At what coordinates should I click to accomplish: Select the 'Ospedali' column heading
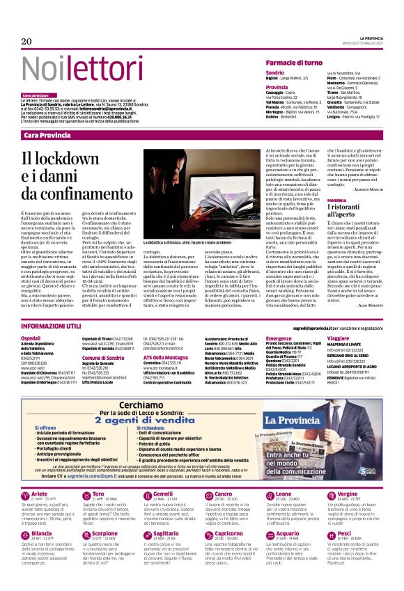pyautogui.click(x=32, y=338)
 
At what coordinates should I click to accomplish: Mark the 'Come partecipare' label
pyautogui.click(x=38, y=95)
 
